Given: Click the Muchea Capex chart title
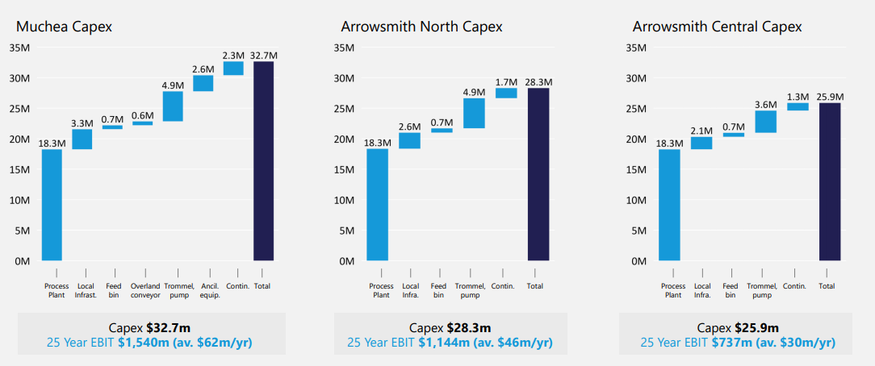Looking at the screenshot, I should tap(64, 27).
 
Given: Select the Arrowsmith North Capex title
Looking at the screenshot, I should tap(421, 27).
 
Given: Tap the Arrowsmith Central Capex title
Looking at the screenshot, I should tap(717, 27).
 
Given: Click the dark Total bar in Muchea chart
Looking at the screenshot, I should tap(263, 161).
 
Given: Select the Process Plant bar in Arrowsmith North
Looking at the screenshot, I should tap(377, 205).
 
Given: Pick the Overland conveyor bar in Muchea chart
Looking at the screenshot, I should tap(142, 123).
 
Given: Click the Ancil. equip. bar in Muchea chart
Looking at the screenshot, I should tap(203, 83).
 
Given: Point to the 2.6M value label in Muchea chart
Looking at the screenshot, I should tap(203, 69).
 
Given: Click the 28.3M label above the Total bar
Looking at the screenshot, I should tap(538, 81).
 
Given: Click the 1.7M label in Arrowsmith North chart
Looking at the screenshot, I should tap(506, 81).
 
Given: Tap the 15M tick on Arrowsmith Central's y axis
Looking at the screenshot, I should tap(637, 169).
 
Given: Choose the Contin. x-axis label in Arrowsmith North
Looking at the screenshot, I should tap(502, 286).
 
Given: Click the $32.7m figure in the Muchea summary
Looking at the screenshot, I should tap(168, 328).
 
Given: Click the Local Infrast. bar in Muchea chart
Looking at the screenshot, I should tap(82, 139).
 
